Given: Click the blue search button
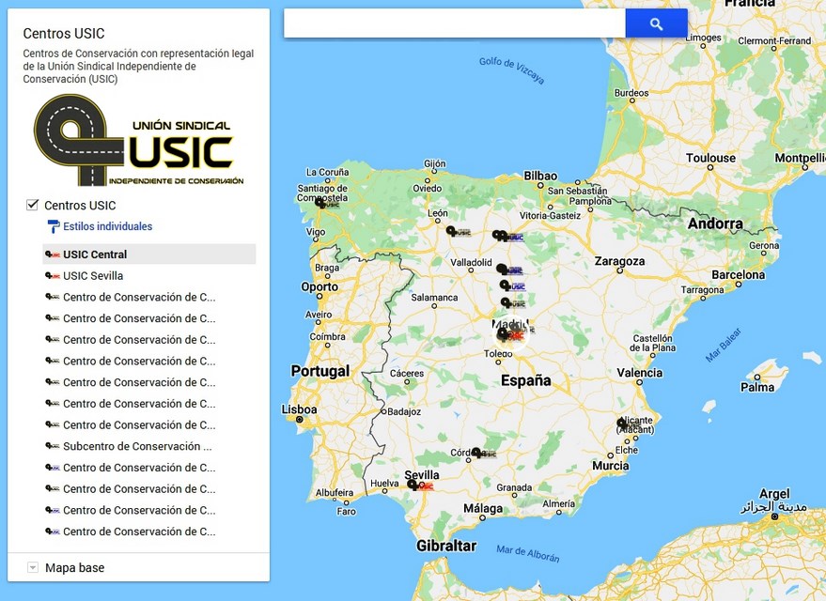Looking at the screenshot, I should [x=656, y=24].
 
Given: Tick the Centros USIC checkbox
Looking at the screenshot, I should [x=33, y=205].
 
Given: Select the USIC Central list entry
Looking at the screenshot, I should [x=94, y=254].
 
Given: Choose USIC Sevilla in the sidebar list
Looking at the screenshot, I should [x=92, y=276].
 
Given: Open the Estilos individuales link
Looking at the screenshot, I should [x=106, y=226].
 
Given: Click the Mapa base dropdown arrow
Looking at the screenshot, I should [x=33, y=567].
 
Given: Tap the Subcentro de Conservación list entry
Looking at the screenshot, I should [x=136, y=447].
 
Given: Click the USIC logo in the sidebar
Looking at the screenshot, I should [x=138, y=140].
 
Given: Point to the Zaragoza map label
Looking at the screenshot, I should [x=619, y=261].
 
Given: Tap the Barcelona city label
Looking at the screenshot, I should [x=739, y=275].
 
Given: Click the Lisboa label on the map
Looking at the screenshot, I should [x=300, y=410].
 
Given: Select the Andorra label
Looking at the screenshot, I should [x=715, y=224].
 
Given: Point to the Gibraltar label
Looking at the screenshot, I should [x=446, y=546].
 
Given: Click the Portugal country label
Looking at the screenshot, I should [x=319, y=371].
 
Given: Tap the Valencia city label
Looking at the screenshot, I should [x=639, y=373].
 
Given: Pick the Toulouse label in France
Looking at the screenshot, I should [x=710, y=158].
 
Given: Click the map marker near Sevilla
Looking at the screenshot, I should [x=413, y=485].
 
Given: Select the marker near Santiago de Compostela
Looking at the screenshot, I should [x=320, y=203].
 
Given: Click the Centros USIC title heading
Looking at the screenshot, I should [x=64, y=34].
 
